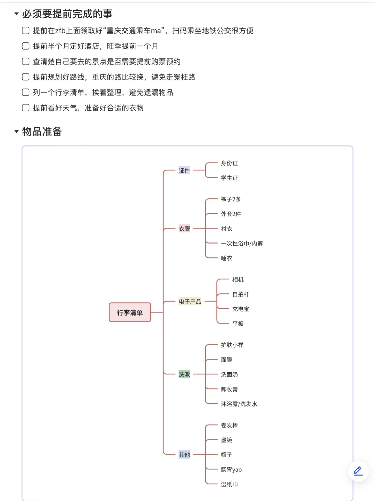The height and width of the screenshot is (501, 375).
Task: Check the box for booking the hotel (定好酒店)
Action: (25, 46)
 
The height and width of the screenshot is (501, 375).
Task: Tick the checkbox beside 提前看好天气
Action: (25, 108)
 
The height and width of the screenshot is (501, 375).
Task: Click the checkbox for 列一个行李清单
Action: (25, 93)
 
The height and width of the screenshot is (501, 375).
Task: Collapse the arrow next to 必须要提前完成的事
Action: (16, 14)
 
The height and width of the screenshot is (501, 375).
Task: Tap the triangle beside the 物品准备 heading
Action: (16, 132)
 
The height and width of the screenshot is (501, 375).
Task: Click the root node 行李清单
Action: (130, 312)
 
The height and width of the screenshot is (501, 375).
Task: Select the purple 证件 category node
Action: (184, 170)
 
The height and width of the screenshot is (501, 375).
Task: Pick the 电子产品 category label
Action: (190, 302)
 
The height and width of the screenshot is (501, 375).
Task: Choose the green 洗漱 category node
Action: (184, 374)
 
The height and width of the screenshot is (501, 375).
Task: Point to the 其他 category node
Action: (184, 454)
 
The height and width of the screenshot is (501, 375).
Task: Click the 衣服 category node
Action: (184, 229)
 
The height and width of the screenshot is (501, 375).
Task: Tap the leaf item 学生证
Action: (229, 178)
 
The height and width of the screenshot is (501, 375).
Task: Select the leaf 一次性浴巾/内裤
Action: (242, 243)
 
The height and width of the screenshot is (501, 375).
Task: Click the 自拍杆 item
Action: (241, 294)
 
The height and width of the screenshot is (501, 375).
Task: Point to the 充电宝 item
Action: (241, 309)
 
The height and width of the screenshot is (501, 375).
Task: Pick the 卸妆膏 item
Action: (229, 389)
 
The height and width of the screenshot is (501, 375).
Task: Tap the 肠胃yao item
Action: (231, 469)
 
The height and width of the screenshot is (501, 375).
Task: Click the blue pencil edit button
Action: (358, 471)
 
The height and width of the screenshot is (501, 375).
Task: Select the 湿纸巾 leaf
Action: (229, 484)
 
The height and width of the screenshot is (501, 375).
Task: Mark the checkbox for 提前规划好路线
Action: (25, 77)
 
